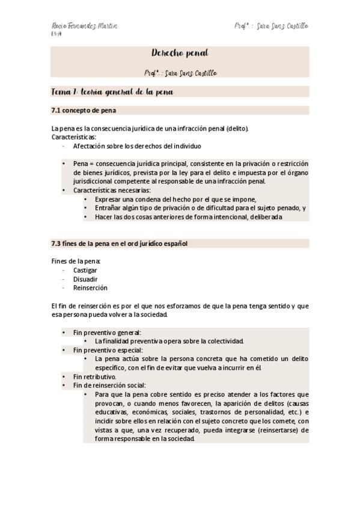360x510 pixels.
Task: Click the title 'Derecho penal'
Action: point(180,54)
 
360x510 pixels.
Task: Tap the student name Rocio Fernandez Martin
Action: point(84,26)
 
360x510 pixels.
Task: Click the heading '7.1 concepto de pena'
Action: point(84,111)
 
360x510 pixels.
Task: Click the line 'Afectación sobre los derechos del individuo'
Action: point(137,146)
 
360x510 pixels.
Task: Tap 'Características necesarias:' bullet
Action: point(112,190)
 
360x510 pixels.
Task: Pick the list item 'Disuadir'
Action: point(85,279)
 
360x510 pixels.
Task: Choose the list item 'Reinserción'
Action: point(90,288)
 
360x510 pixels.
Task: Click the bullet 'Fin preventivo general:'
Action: point(107,332)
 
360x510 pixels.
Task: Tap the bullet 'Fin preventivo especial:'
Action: point(108,350)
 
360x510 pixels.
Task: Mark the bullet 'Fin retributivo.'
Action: point(94,376)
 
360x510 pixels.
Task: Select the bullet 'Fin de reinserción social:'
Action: point(109,386)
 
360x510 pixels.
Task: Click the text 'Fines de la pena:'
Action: point(76,261)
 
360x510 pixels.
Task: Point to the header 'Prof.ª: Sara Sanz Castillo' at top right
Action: point(271,26)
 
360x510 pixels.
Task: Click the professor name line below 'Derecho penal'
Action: point(180,73)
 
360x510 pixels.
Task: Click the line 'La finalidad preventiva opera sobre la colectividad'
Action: point(169,341)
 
